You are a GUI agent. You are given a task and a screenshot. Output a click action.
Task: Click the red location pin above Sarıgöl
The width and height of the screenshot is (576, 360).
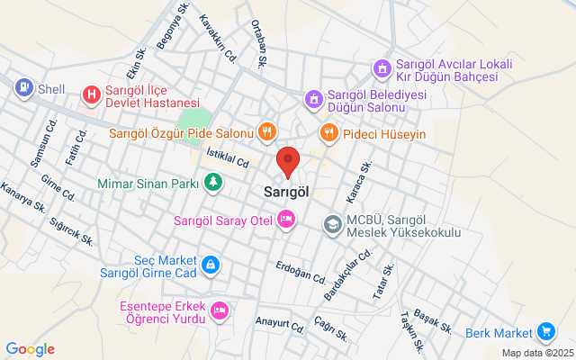tap(288, 161)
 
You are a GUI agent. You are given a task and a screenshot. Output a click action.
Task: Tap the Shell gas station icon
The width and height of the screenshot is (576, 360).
tap(23, 87)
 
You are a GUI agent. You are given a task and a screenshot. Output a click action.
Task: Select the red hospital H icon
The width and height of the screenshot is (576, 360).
tap(91, 94)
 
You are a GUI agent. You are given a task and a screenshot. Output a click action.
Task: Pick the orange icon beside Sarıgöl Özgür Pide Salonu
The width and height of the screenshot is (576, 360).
tap(265, 133)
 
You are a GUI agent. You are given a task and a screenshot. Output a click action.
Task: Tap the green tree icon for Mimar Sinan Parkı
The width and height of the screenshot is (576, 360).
tap(212, 184)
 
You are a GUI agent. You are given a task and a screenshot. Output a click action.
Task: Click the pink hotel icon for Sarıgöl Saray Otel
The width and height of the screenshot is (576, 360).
tap(286, 220)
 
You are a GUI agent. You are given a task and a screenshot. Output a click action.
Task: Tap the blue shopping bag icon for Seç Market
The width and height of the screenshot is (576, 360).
tap(209, 265)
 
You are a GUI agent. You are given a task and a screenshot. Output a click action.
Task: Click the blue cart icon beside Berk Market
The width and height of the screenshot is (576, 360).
tap(544, 332)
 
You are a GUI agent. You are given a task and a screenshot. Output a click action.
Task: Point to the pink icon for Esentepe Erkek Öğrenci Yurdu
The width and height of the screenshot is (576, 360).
tap(219, 311)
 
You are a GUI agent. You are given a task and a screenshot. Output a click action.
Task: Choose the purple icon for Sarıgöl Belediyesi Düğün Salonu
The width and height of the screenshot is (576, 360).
tap(313, 98)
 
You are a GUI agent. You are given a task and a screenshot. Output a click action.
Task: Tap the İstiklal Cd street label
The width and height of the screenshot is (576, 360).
tap(228, 159)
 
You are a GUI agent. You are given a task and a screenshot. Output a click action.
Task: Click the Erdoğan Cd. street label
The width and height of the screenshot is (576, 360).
tap(301, 270)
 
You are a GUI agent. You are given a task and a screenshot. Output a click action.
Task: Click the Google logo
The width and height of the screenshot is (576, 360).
tap(30, 349)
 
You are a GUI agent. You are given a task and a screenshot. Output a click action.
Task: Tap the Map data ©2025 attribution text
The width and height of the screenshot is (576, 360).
tap(536, 354)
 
